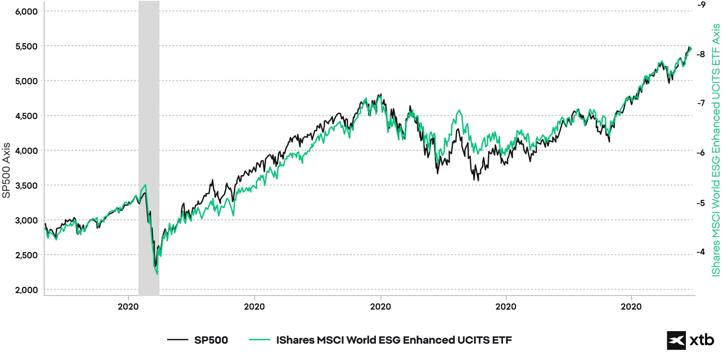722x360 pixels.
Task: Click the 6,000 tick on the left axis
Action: tap(27, 11)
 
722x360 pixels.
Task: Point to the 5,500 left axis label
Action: tap(27, 46)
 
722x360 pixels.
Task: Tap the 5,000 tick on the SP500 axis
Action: tap(27, 81)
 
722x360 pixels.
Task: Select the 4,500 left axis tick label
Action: tap(27, 116)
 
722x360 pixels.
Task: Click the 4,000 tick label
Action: tap(27, 151)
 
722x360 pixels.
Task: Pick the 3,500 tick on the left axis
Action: tap(27, 185)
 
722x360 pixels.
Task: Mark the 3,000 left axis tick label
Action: tap(27, 220)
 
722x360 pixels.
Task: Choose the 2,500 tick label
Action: tap(27, 255)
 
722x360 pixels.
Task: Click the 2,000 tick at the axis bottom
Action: tap(27, 290)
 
